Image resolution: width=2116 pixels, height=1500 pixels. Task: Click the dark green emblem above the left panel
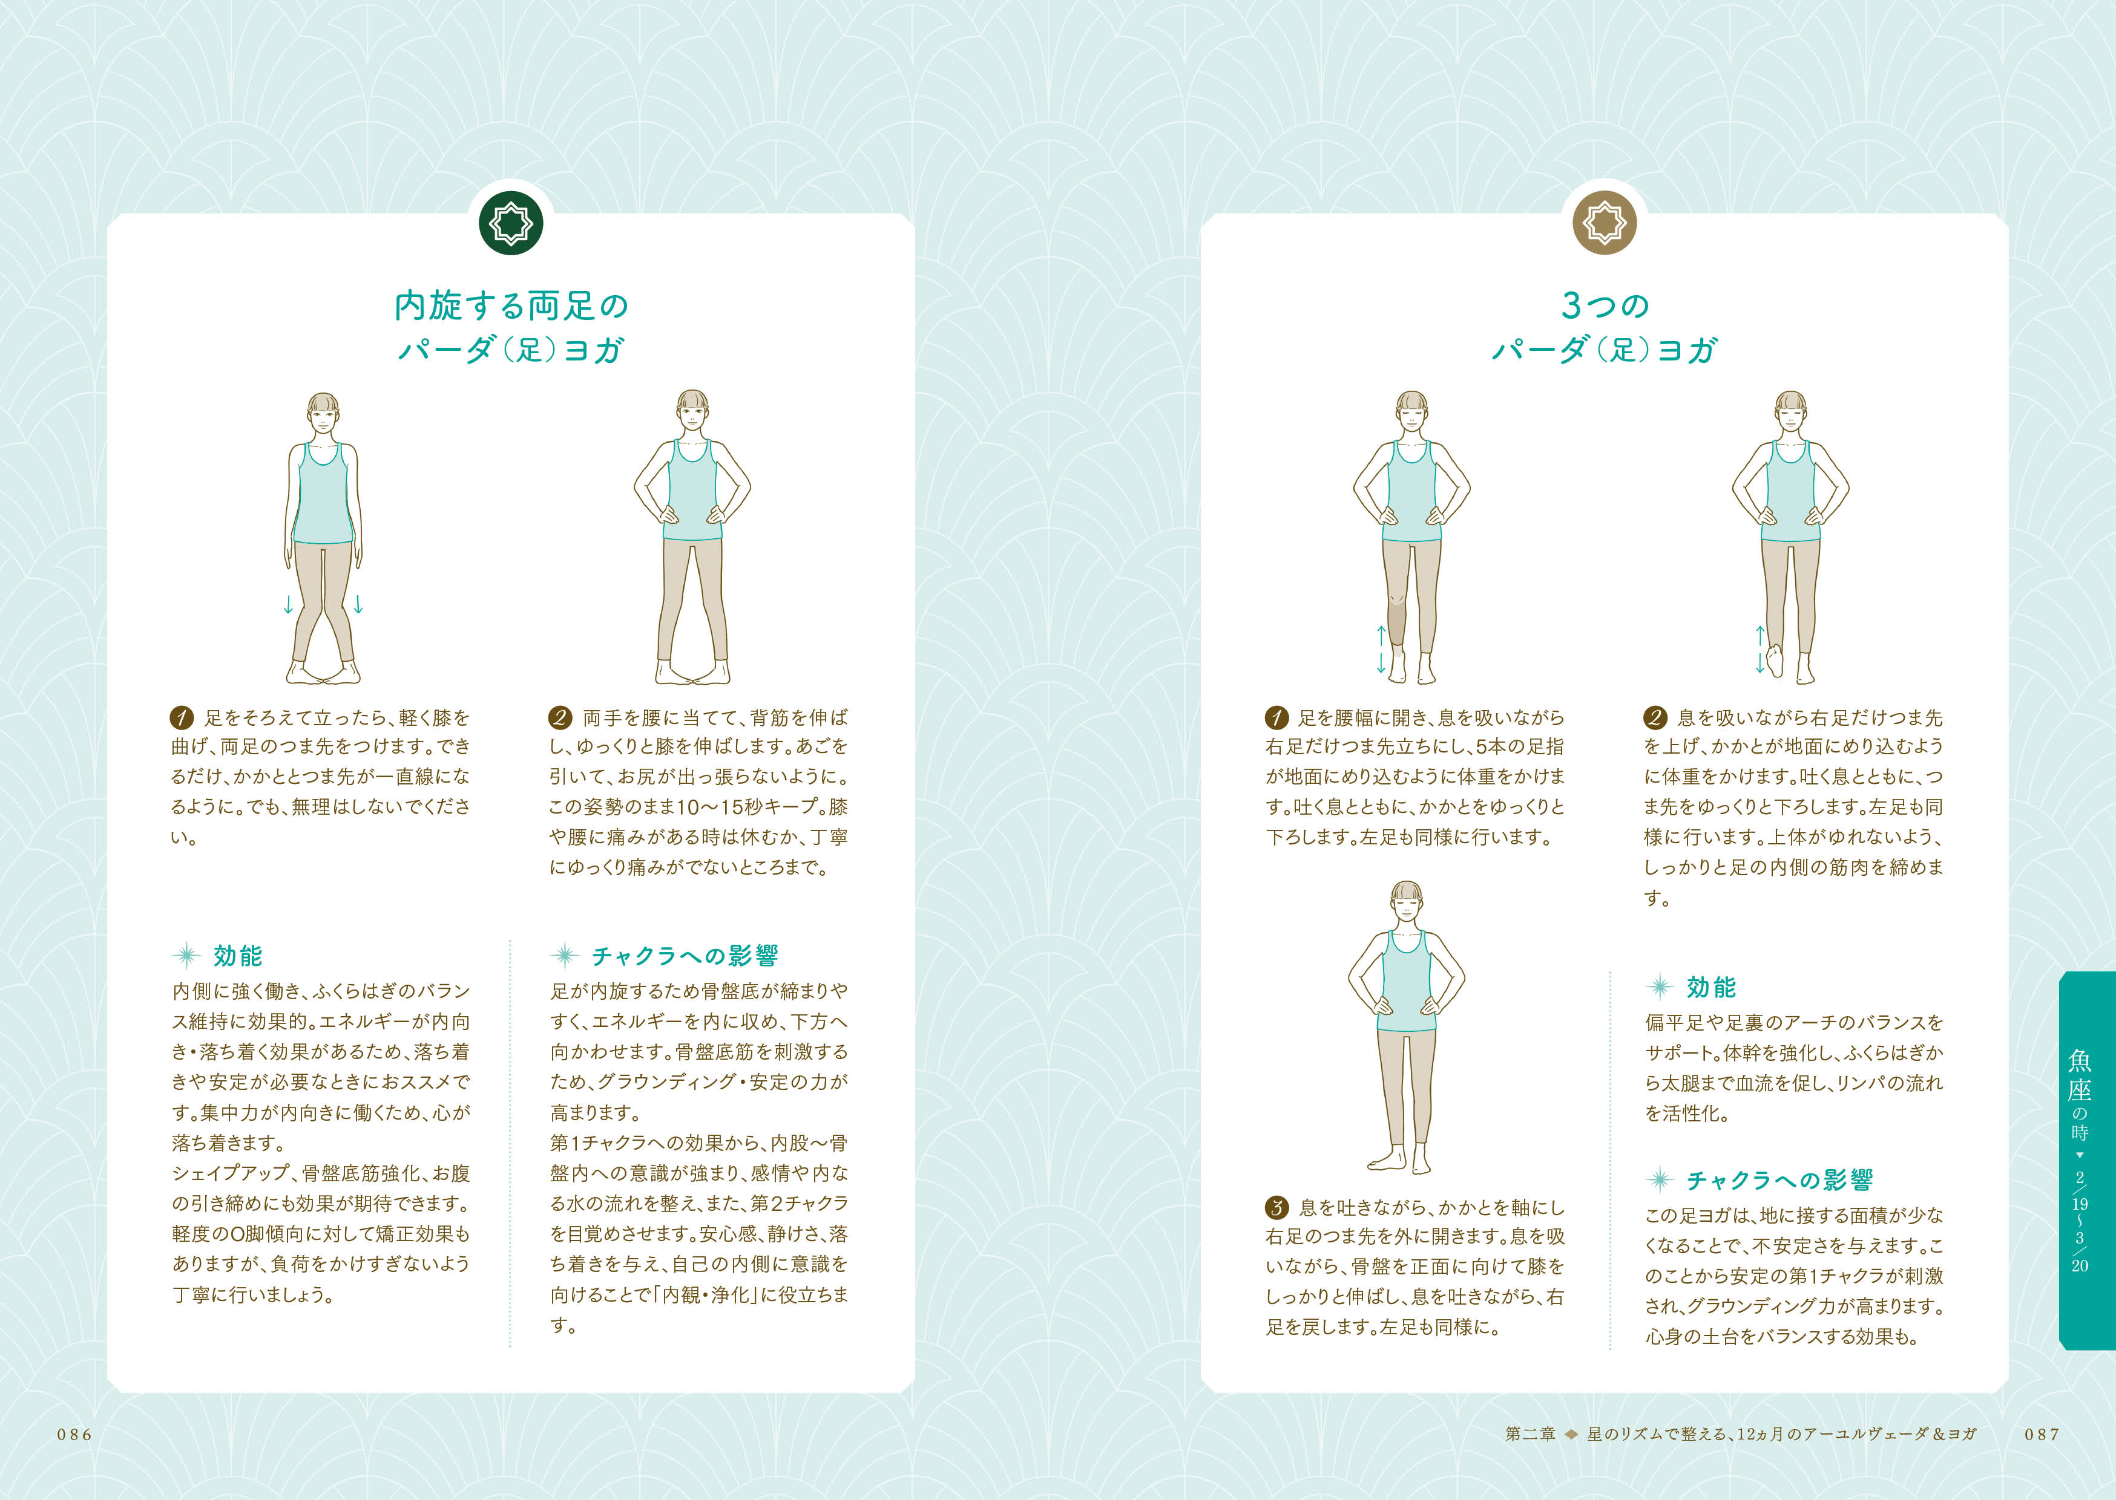511,223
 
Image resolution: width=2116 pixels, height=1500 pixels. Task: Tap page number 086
75,1435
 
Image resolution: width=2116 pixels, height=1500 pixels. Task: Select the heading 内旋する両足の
511,305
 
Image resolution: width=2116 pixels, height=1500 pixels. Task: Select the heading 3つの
1605,305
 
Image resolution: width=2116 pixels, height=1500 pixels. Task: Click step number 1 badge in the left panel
181,717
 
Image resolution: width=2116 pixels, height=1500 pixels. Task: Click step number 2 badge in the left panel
560,717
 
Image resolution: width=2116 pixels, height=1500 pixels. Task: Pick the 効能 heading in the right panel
1711,986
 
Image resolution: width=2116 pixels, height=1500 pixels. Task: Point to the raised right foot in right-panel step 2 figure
1774,659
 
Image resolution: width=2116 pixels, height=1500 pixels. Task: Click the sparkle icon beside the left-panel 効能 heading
186,955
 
